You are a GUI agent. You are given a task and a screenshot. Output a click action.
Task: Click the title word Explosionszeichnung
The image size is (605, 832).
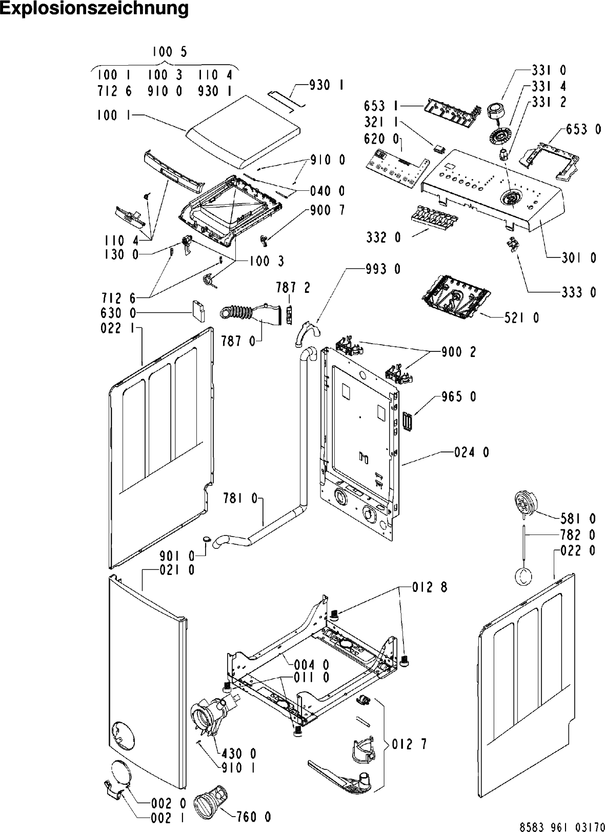pos(94,9)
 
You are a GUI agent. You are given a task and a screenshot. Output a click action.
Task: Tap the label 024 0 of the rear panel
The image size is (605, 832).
pos(471,452)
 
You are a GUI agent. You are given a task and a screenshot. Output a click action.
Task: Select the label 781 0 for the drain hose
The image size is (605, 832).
pos(240,498)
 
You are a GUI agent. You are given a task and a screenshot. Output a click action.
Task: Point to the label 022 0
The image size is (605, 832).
pos(578,551)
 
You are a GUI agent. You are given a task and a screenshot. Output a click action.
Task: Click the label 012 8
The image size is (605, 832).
pos(430,587)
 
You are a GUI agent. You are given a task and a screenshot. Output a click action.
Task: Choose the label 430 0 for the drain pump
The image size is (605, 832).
pos(239,754)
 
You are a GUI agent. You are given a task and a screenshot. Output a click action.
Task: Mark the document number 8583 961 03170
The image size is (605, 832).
pos(561,827)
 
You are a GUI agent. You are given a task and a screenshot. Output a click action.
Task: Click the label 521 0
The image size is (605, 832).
pos(521,318)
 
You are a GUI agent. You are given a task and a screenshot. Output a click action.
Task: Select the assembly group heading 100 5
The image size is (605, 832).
pos(169,51)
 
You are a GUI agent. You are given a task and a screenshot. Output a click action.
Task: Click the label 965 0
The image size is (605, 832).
pos(458,397)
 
